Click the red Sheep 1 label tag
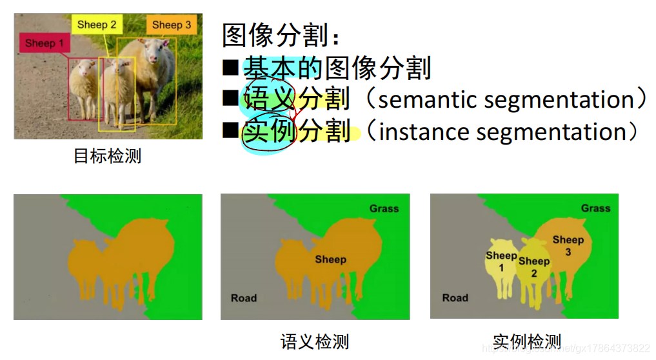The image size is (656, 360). pyautogui.click(x=45, y=44)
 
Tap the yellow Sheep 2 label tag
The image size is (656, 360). pyautogui.click(x=97, y=25)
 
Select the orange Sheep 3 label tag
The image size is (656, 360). pyautogui.click(x=171, y=25)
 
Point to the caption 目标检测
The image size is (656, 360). pyautogui.click(x=107, y=156)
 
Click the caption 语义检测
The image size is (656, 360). pyautogui.click(x=315, y=341)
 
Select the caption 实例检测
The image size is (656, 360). pyautogui.click(x=526, y=341)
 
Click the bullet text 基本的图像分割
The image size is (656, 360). pyautogui.click(x=337, y=68)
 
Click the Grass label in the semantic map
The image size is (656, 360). pyautogui.click(x=384, y=208)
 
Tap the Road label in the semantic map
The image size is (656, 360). pyautogui.click(x=244, y=298)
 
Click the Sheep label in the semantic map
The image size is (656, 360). pyautogui.click(x=330, y=259)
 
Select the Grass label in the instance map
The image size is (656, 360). pyautogui.click(x=595, y=208)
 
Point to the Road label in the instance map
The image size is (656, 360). pyautogui.click(x=455, y=298)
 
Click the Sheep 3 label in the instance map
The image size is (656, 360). pyautogui.click(x=568, y=245)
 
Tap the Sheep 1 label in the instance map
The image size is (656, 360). pyautogui.click(x=501, y=261)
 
